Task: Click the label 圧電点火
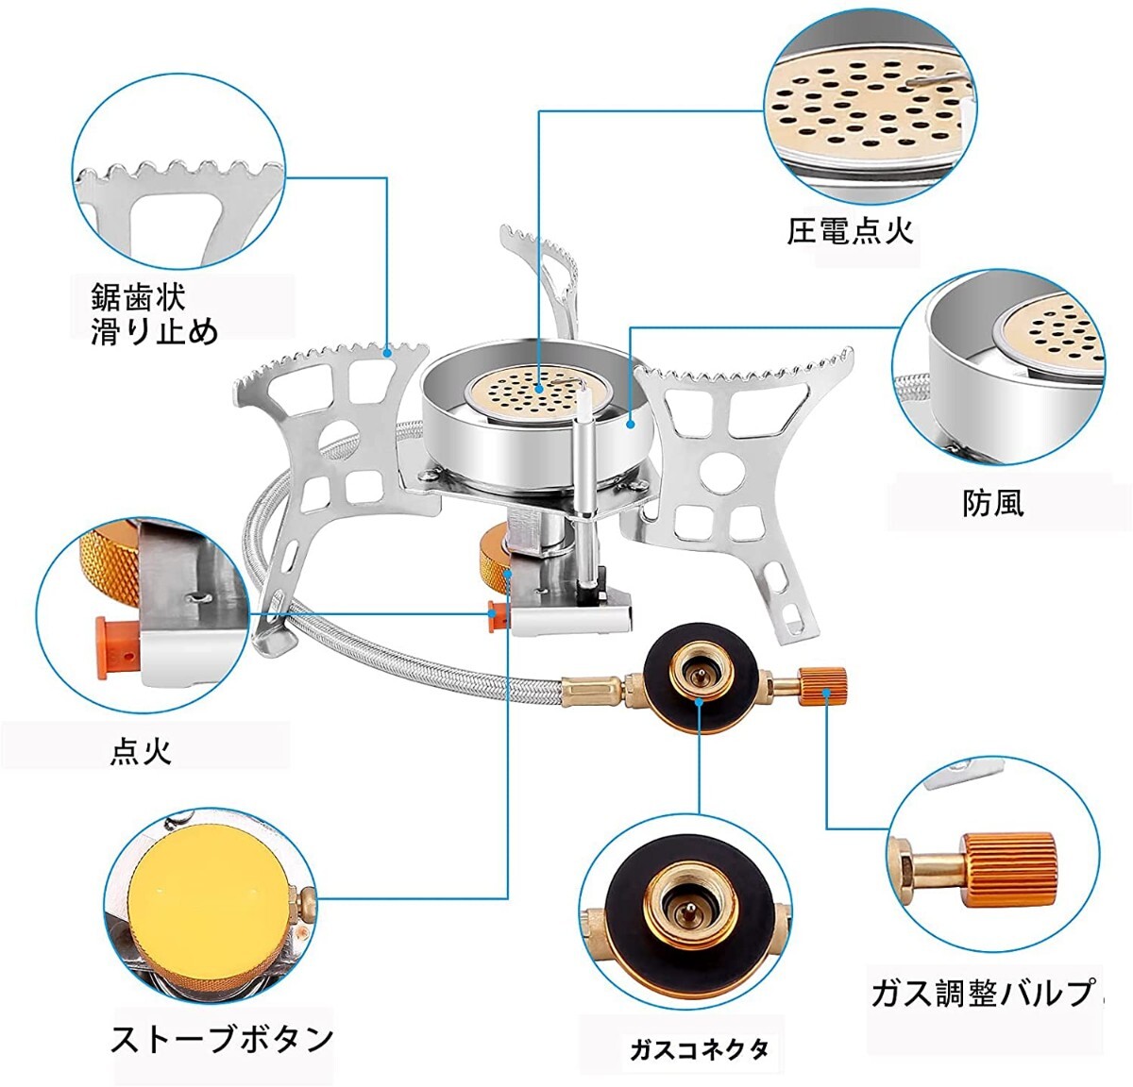[851, 230]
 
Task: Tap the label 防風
[992, 502]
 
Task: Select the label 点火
[141, 751]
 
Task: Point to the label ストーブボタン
[223, 1038]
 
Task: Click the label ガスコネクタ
[700, 1048]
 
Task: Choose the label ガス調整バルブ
[982, 992]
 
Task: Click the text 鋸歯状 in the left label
[139, 296]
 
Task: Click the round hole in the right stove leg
[720, 469]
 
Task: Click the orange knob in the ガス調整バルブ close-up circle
[1009, 866]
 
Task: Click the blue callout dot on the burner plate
[538, 387]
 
